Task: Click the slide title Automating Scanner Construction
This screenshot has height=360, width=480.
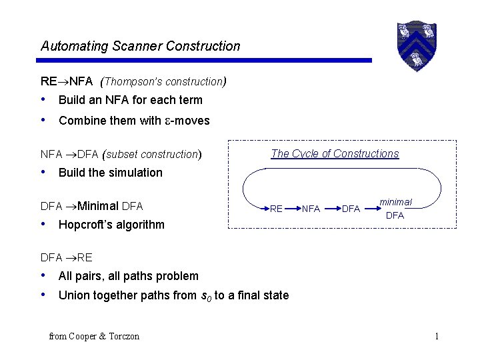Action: coord(140,46)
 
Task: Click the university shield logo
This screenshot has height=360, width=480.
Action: coord(417,46)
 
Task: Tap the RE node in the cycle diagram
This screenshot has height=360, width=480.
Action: coord(276,209)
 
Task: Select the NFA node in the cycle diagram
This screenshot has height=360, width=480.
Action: coord(310,209)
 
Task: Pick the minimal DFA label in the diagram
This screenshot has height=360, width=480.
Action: coord(395,209)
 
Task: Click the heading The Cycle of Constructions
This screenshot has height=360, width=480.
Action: coord(335,153)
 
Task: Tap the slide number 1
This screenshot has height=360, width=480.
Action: coord(437,336)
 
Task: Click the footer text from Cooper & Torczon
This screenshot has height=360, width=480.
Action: coord(94,336)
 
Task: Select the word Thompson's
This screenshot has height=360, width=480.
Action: coord(131,82)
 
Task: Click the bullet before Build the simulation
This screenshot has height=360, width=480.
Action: coord(44,172)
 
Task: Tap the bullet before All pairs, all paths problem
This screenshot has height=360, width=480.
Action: coord(44,275)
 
